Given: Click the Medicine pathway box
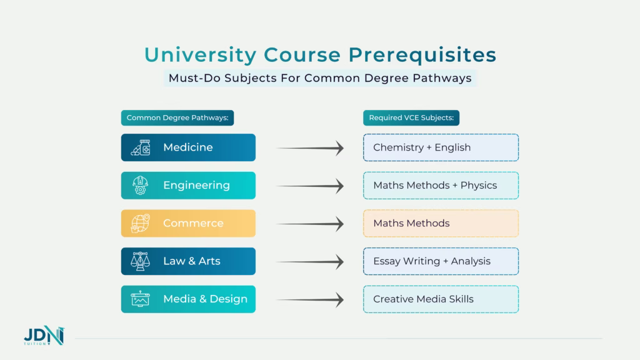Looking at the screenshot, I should pyautogui.click(x=188, y=147).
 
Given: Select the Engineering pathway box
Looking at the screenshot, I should pyautogui.click(x=188, y=186).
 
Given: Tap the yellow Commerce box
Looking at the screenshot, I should pyautogui.click(x=188, y=223).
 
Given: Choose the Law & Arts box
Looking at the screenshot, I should pyautogui.click(x=188, y=261).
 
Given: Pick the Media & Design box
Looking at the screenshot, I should pyautogui.click(x=188, y=299).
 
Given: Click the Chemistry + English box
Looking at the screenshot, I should pyautogui.click(x=441, y=147).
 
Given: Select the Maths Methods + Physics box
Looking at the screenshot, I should pyautogui.click(x=441, y=186).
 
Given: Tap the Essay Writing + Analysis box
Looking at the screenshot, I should pyautogui.click(x=441, y=261).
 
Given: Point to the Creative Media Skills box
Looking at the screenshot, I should pyautogui.click(x=441, y=299).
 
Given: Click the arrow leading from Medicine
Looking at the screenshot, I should pyautogui.click(x=310, y=148).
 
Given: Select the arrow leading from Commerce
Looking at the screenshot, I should pyautogui.click(x=310, y=224).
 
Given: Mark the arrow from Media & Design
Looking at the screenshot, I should pyautogui.click(x=310, y=300).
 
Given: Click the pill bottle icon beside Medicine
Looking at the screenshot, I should pyautogui.click(x=141, y=147).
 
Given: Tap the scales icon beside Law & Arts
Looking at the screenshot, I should pyautogui.click(x=141, y=261).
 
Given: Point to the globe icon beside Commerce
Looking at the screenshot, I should pyautogui.click(x=141, y=223).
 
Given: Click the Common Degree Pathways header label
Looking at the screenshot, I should pyautogui.click(x=177, y=117).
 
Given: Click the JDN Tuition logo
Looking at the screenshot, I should pyautogui.click(x=44, y=337).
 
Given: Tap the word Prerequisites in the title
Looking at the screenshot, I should pyautogui.click(x=422, y=55).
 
